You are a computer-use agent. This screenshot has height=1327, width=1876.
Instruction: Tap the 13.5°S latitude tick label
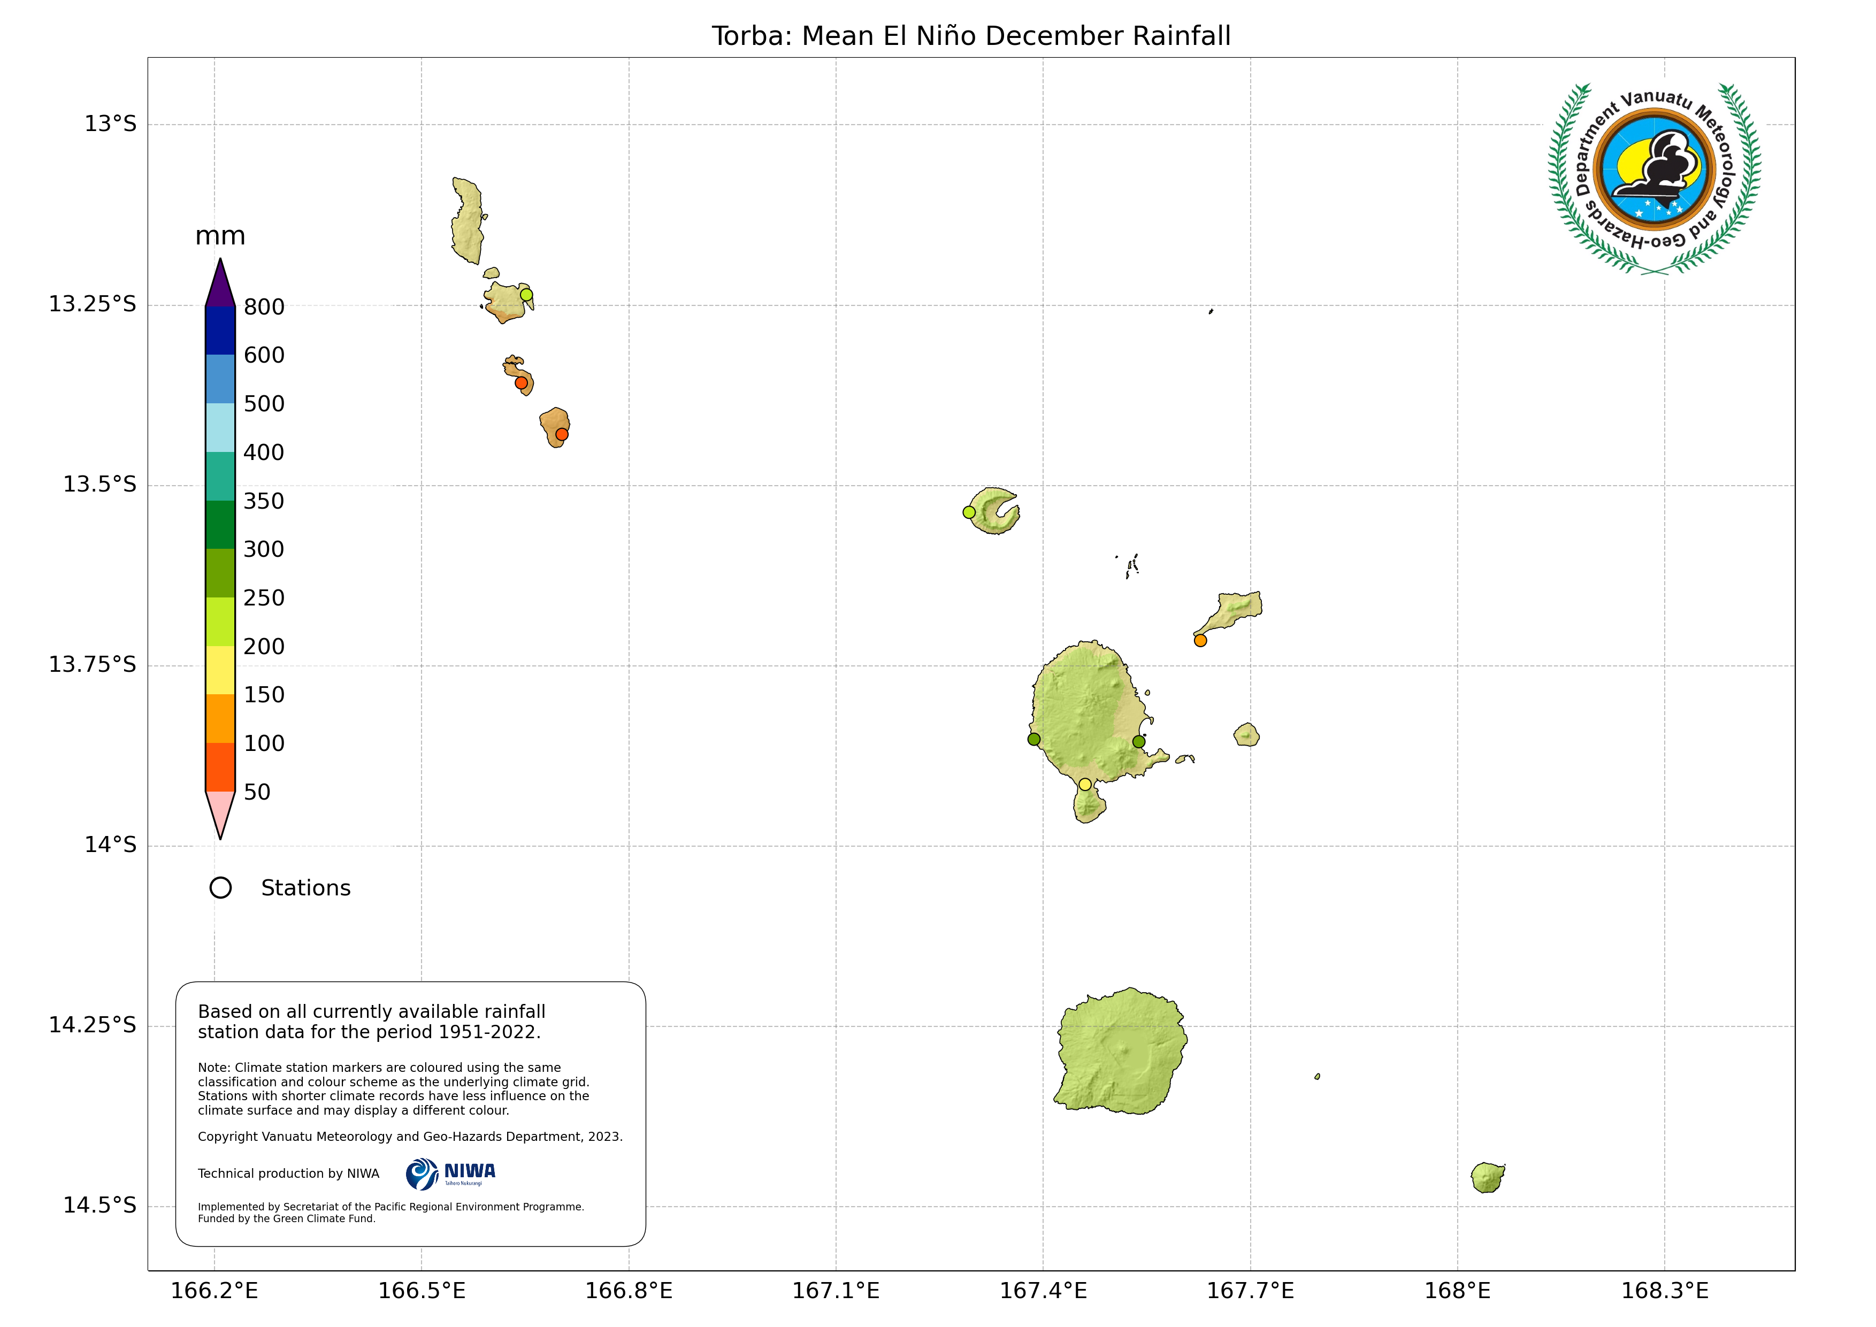coord(99,485)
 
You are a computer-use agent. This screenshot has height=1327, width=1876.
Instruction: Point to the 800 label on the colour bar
coord(264,307)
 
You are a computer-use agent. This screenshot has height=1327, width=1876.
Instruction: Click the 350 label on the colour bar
coord(264,501)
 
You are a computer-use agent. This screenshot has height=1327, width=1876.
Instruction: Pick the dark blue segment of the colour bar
coord(220,330)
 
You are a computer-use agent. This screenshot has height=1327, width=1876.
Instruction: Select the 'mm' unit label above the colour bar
coord(220,236)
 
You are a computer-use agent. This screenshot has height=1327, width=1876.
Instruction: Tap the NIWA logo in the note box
coord(450,1174)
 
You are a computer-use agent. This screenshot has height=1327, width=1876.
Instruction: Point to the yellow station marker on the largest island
coord(1085,785)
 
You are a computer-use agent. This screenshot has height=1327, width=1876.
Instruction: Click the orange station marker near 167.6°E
coord(1200,641)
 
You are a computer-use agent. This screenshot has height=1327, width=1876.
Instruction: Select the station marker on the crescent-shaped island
coord(969,512)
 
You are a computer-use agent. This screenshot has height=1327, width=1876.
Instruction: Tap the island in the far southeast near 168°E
coord(1487,1177)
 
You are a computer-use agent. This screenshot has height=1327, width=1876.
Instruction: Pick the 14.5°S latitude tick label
coord(99,1205)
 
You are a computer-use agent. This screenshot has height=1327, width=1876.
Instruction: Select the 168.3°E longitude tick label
coord(1664,1291)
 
